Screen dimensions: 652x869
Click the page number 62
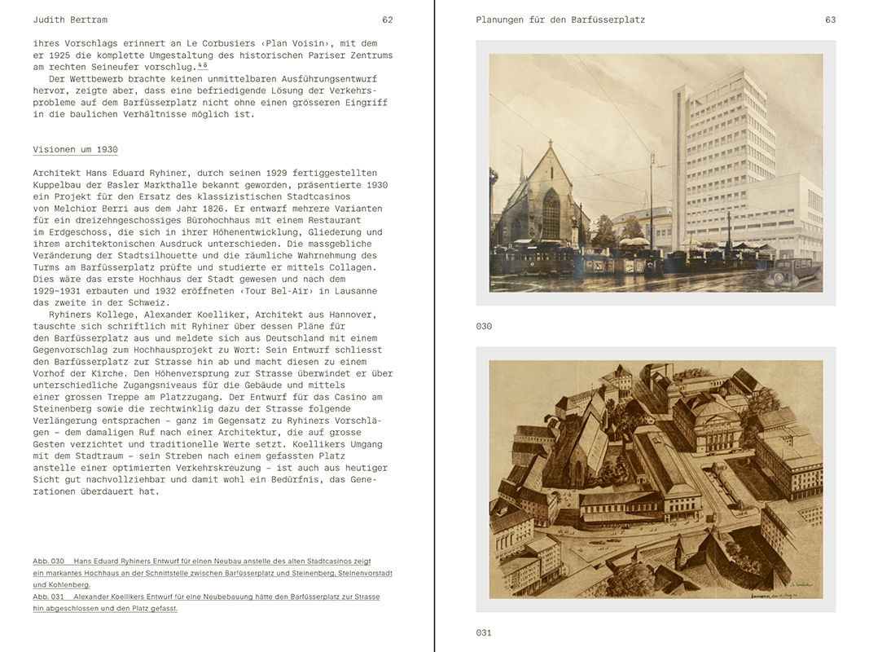pos(388,20)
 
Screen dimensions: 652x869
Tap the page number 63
pos(830,20)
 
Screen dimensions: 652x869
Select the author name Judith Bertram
pos(70,20)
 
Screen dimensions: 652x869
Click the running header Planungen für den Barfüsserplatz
pos(560,20)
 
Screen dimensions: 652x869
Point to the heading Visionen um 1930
pos(75,150)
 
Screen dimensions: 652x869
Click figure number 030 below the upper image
pos(484,326)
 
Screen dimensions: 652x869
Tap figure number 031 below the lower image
pos(484,632)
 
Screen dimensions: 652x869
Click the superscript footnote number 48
pos(202,64)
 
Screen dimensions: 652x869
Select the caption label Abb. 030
pos(48,562)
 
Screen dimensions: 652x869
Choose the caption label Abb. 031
pos(48,597)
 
